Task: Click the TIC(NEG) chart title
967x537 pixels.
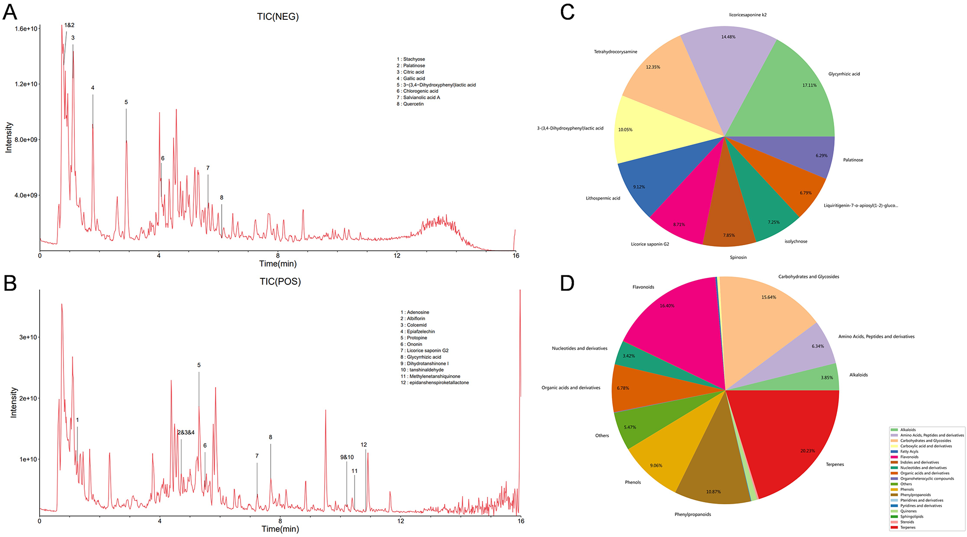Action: point(278,16)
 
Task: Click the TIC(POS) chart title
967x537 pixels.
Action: point(280,281)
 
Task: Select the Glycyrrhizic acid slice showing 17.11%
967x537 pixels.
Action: point(793,94)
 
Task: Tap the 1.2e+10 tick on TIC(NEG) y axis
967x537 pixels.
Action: point(27,84)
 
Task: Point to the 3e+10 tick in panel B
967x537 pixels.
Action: point(28,337)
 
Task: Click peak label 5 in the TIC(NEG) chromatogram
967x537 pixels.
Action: point(126,102)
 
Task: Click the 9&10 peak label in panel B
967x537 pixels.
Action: point(347,457)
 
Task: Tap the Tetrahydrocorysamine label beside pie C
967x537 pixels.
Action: point(615,52)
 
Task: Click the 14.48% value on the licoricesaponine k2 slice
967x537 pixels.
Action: point(728,37)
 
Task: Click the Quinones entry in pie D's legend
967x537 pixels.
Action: point(908,511)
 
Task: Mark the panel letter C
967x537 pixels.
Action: point(567,12)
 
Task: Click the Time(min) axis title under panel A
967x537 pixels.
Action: point(278,264)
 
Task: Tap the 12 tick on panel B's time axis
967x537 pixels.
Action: point(400,521)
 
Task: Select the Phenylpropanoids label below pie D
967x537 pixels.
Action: point(692,514)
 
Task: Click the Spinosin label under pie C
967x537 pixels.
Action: point(738,257)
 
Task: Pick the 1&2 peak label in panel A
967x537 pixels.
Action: point(69,25)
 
